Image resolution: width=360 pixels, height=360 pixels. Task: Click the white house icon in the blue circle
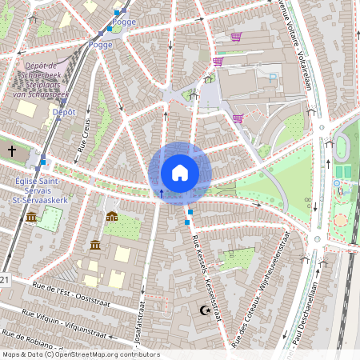(179, 173)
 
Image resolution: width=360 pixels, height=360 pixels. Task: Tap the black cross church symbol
(11, 150)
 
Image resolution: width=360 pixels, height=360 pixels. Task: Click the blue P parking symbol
(272, 78)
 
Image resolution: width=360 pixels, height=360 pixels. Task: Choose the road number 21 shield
(5, 280)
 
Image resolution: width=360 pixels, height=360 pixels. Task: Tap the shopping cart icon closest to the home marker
(238, 118)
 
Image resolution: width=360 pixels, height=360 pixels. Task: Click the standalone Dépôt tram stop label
(64, 113)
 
